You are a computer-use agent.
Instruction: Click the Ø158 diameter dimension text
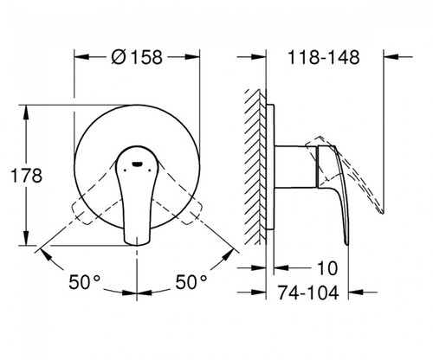137,57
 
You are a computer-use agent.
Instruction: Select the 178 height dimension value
26,176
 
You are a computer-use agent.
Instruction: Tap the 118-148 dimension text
324,57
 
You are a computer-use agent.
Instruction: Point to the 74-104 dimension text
308,292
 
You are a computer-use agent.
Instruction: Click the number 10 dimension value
327,268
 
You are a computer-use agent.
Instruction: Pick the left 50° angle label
85,282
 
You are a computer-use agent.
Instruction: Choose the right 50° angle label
191,282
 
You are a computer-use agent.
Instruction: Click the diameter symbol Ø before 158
119,57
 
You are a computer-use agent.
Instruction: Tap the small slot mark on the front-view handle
137,164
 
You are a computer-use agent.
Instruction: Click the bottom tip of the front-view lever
137,245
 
